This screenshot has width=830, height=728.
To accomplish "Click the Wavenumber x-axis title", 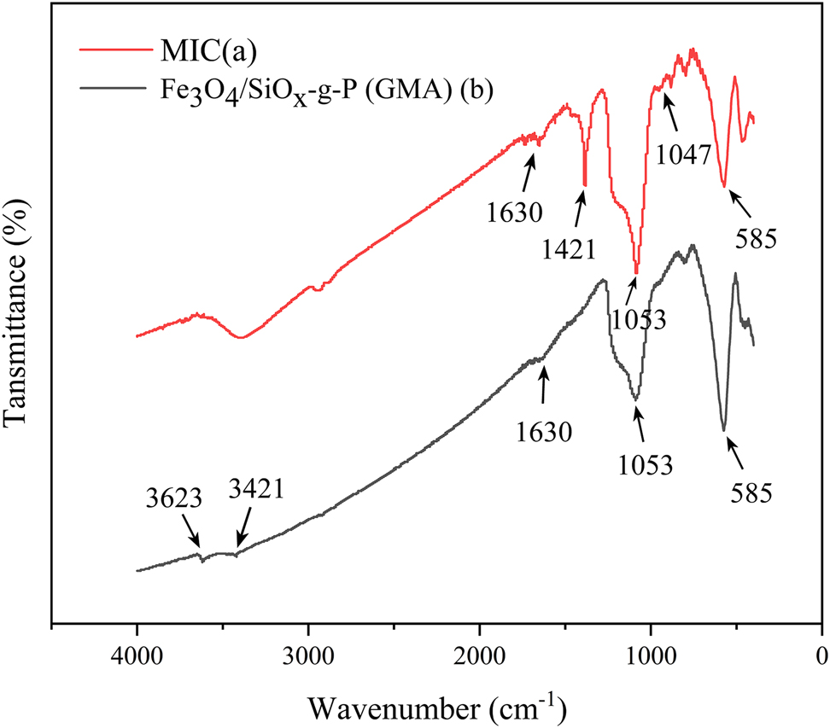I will (x=436, y=707).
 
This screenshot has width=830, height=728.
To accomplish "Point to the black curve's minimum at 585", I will (x=724, y=429).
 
